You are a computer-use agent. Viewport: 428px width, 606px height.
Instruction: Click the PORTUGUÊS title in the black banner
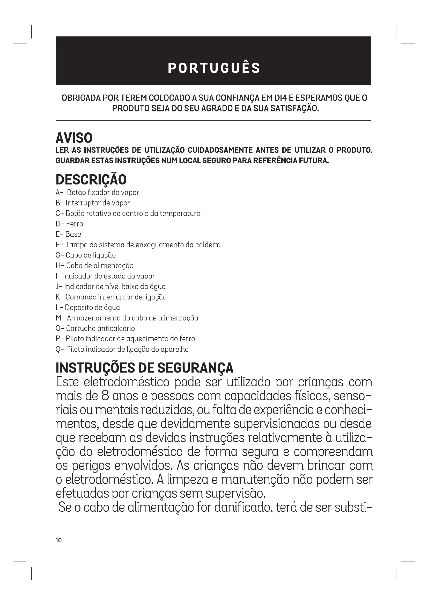[x=214, y=68]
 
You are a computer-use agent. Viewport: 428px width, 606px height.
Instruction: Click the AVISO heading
[x=74, y=138]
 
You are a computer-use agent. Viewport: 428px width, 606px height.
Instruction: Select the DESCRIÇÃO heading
[x=91, y=180]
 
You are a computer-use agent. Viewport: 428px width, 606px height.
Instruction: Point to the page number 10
[x=58, y=540]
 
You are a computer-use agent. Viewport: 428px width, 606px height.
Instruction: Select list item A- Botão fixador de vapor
[x=97, y=193]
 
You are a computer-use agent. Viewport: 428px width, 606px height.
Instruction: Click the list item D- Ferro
[x=69, y=224]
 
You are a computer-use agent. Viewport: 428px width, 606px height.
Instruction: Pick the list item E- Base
[x=68, y=234]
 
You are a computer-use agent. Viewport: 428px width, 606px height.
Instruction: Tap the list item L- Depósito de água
[x=88, y=308]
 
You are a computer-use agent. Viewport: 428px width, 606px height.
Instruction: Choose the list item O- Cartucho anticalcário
[x=95, y=328]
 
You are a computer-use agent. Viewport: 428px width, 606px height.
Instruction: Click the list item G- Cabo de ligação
[x=86, y=255]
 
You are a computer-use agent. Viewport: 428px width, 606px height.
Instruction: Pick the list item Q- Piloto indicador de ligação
[x=122, y=350]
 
